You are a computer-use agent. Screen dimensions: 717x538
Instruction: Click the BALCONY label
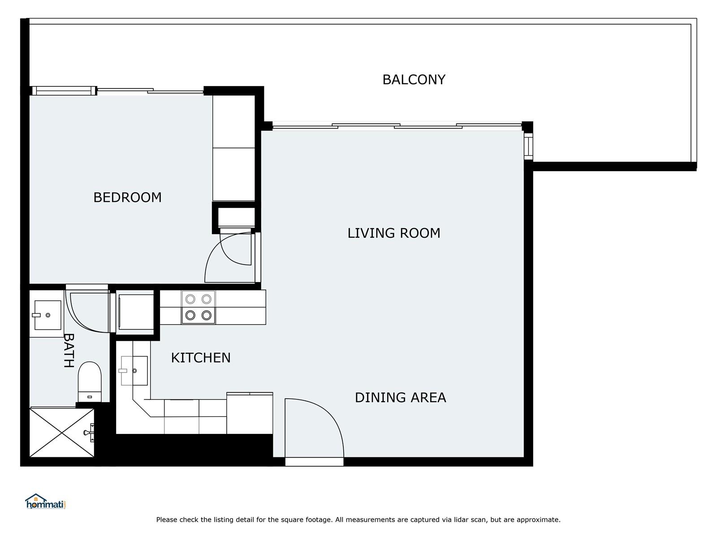pyautogui.click(x=414, y=80)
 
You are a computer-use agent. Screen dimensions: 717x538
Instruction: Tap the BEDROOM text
pyautogui.click(x=127, y=197)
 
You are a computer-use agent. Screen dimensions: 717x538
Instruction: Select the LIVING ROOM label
pyautogui.click(x=393, y=233)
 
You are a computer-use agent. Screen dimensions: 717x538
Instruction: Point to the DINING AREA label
pyautogui.click(x=400, y=398)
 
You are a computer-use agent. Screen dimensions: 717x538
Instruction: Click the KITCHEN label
pyautogui.click(x=201, y=358)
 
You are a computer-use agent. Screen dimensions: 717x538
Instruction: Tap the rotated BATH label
pyautogui.click(x=69, y=351)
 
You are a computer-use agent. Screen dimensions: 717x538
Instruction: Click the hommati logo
pyautogui.click(x=45, y=501)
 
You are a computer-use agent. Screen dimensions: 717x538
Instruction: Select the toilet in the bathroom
pyautogui.click(x=90, y=382)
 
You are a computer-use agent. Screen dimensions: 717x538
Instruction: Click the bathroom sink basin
pyautogui.click(x=48, y=315)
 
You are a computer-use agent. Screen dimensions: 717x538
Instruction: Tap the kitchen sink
pyautogui.click(x=134, y=370)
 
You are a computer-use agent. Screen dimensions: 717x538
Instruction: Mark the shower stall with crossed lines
pyautogui.click(x=62, y=432)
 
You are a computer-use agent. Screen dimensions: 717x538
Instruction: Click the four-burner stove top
pyautogui.click(x=198, y=308)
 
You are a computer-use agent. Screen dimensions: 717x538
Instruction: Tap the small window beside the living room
pyautogui.click(x=528, y=146)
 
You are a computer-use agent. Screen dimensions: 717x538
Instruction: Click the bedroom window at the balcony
pyautogui.click(x=64, y=91)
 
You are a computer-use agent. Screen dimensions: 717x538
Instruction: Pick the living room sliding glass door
pyautogui.click(x=397, y=126)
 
